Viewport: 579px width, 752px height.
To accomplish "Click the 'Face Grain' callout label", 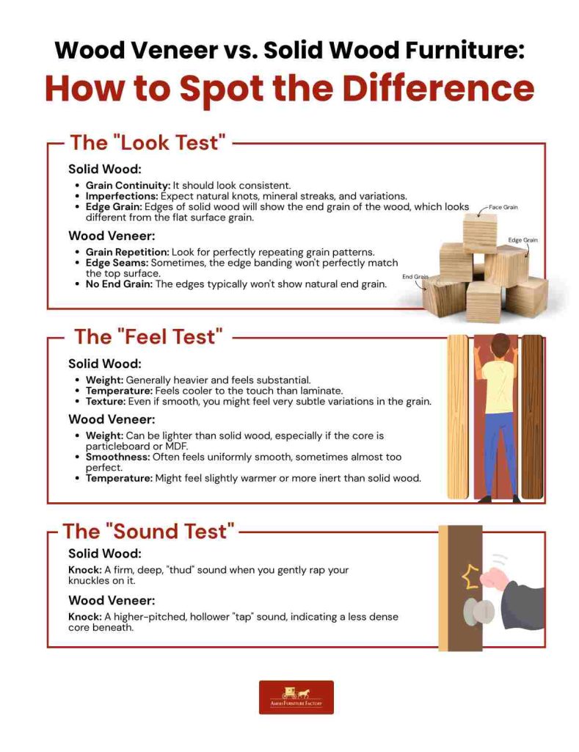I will point(504,207).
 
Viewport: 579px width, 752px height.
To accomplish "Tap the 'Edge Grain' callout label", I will point(523,240).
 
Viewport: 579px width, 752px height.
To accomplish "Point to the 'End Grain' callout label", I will point(415,277).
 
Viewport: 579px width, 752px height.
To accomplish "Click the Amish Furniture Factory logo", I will point(296,697).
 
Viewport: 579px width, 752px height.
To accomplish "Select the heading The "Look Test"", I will point(144,142).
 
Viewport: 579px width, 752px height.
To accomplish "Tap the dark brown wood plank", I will point(532,416).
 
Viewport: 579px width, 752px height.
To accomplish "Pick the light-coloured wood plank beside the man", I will point(458,416).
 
